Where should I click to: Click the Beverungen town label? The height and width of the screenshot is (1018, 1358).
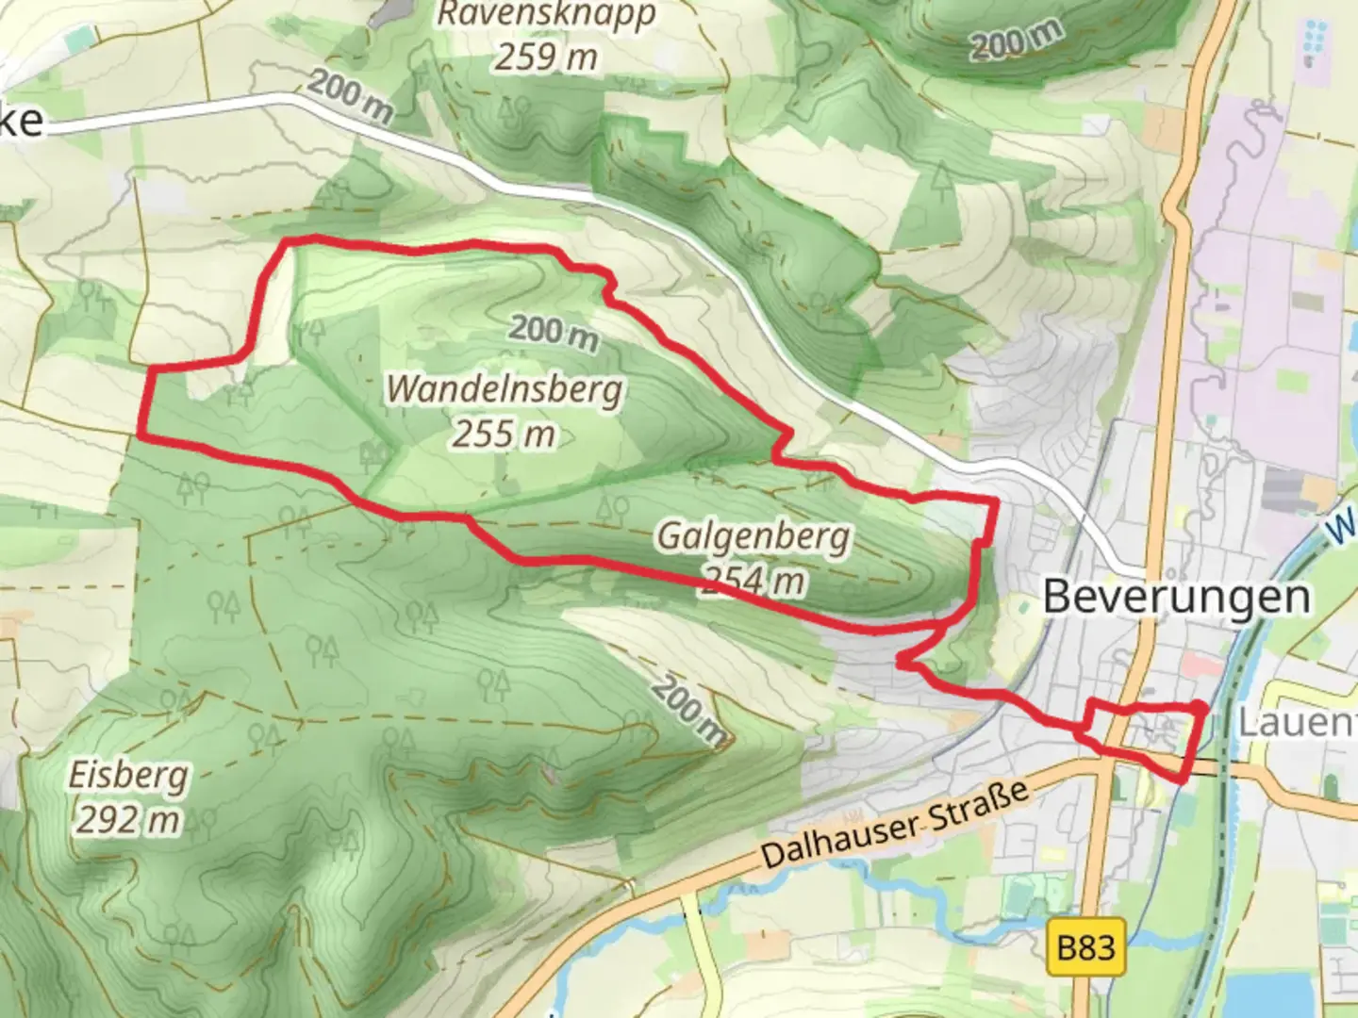[x=1177, y=597]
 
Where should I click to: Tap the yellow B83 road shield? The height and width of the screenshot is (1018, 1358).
[x=1086, y=946]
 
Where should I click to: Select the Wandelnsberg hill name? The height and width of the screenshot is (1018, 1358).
[x=505, y=389]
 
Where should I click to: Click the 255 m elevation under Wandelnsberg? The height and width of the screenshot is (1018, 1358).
[x=503, y=435]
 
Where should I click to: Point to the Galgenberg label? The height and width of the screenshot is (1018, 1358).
[x=753, y=536]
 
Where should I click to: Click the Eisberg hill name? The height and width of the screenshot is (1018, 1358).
[x=128, y=776]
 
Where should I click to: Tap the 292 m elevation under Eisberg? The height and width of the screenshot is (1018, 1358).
[x=127, y=820]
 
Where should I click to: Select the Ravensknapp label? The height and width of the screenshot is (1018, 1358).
[x=546, y=14]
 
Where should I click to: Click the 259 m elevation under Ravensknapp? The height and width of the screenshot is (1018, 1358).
[x=546, y=57]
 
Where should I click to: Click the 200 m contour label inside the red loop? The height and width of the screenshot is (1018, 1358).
[x=554, y=331]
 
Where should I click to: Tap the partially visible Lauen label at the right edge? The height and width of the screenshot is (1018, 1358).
[x=1297, y=723]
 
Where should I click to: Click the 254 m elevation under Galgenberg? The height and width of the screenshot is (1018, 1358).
[x=754, y=580]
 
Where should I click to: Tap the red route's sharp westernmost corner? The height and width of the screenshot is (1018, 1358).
[x=141, y=436]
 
